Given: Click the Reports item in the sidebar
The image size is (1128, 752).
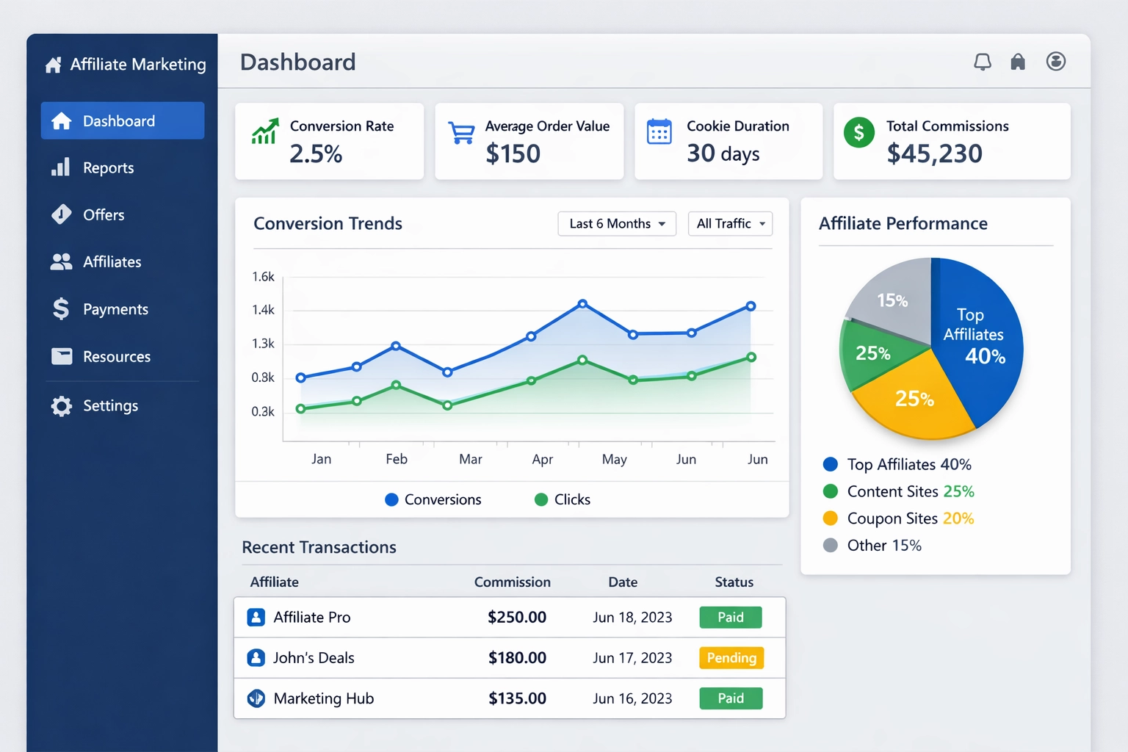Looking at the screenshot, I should point(107,168).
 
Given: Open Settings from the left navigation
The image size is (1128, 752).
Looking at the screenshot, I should point(109,406).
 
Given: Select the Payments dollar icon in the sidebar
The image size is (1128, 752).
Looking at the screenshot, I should point(61,309).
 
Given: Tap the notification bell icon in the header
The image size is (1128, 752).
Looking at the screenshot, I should point(982,62).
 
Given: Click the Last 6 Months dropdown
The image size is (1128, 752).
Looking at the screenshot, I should point(616,224).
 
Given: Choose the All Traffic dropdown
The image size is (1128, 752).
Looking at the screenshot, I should point(730,224).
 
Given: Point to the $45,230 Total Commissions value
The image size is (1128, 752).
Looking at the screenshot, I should point(934,154).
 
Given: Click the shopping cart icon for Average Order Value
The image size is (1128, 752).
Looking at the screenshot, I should point(461,133).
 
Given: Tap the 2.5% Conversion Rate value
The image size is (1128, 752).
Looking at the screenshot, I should point(316,154).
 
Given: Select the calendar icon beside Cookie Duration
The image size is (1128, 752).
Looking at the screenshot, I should point(659,132).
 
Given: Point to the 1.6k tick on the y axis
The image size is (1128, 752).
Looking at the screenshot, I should point(263,277).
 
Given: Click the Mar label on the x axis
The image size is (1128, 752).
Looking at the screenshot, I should point(470,460).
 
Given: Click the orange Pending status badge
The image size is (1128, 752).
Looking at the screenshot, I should point(731,658).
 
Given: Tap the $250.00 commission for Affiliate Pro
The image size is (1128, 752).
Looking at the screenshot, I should point(517,618).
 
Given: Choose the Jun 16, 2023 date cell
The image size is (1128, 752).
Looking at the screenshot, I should point(632,698).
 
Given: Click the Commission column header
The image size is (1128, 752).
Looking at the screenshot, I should point(512,582).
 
